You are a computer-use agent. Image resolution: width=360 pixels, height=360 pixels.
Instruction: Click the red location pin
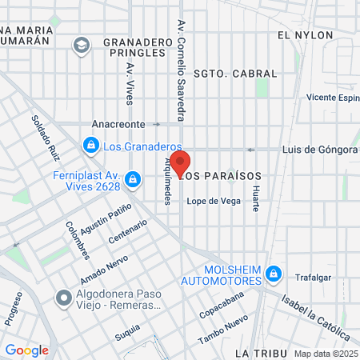(180, 162)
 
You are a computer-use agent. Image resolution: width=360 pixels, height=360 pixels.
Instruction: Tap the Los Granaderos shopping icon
(91, 145)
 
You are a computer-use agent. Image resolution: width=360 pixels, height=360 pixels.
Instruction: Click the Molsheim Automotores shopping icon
(274, 274)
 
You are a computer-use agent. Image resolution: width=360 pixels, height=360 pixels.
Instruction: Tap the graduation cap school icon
(81, 46)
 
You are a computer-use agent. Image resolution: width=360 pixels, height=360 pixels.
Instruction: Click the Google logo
(26, 350)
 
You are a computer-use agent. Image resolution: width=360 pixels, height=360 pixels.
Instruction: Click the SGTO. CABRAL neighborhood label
(239, 74)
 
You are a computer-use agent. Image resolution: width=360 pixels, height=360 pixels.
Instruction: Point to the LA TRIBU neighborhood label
(260, 353)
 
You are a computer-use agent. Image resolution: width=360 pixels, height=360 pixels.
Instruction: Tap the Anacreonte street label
(119, 124)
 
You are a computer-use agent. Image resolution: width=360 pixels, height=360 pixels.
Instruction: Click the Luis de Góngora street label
(319, 150)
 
